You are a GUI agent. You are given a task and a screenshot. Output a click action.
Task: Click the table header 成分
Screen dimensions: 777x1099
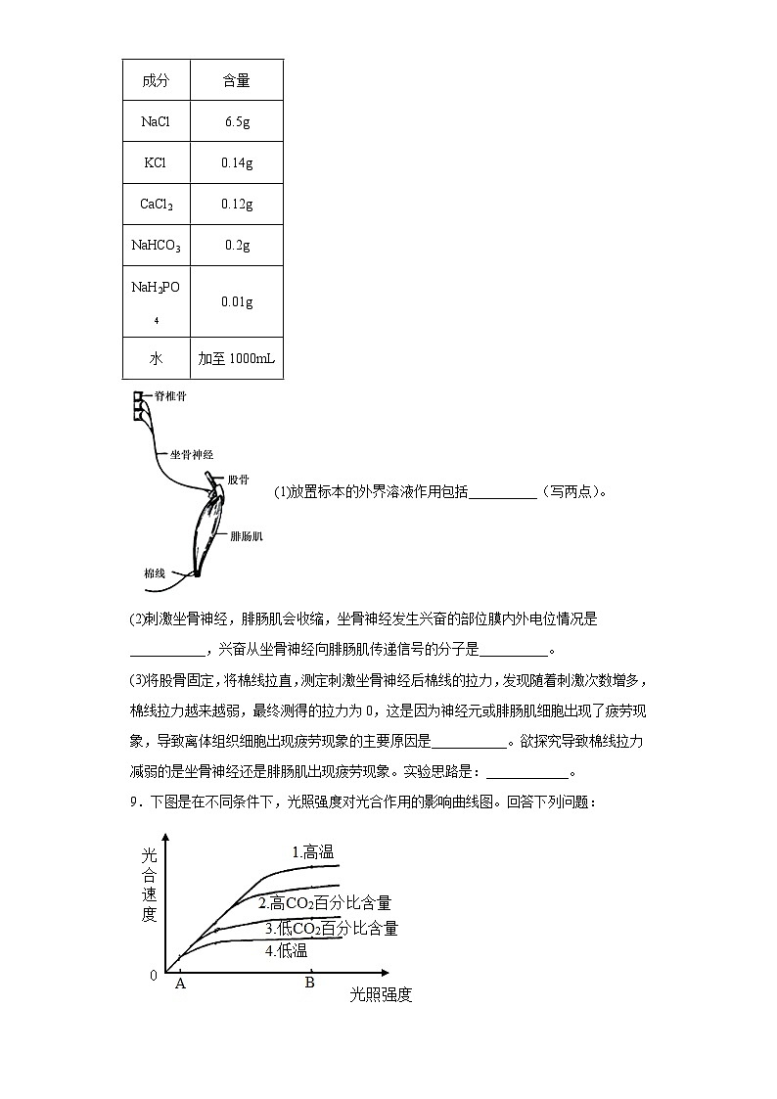(x=156, y=80)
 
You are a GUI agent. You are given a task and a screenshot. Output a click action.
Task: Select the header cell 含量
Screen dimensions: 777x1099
(x=237, y=80)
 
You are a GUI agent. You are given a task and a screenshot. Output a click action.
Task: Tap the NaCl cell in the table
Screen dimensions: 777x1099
(x=156, y=122)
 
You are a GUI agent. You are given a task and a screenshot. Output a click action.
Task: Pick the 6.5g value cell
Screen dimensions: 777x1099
(x=237, y=122)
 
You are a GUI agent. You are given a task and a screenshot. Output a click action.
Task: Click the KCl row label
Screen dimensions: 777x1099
(x=156, y=163)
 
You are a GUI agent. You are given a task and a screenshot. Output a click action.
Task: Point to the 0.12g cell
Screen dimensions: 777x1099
(x=237, y=205)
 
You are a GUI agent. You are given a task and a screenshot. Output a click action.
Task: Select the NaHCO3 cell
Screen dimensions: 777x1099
(x=156, y=247)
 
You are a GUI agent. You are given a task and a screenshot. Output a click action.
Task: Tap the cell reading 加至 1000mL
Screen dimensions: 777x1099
(x=237, y=359)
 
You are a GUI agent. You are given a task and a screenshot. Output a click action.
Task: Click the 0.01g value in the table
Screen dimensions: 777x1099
(x=237, y=302)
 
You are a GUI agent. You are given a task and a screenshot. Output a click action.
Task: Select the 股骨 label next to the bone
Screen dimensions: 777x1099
(x=238, y=480)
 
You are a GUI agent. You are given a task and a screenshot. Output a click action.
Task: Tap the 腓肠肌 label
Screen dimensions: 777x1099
(x=246, y=536)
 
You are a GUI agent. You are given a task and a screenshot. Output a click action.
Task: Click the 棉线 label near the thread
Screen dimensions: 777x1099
(x=154, y=572)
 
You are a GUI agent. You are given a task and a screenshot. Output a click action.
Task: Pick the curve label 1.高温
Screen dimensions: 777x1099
(x=313, y=852)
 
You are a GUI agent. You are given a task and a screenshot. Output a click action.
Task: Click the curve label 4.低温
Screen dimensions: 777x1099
(x=286, y=950)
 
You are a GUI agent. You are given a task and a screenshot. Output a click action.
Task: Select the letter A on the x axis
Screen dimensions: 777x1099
(x=180, y=984)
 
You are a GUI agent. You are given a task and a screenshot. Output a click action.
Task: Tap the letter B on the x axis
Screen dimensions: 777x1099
(x=309, y=983)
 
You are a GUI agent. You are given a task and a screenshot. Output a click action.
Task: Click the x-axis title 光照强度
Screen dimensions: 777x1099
(x=381, y=995)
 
